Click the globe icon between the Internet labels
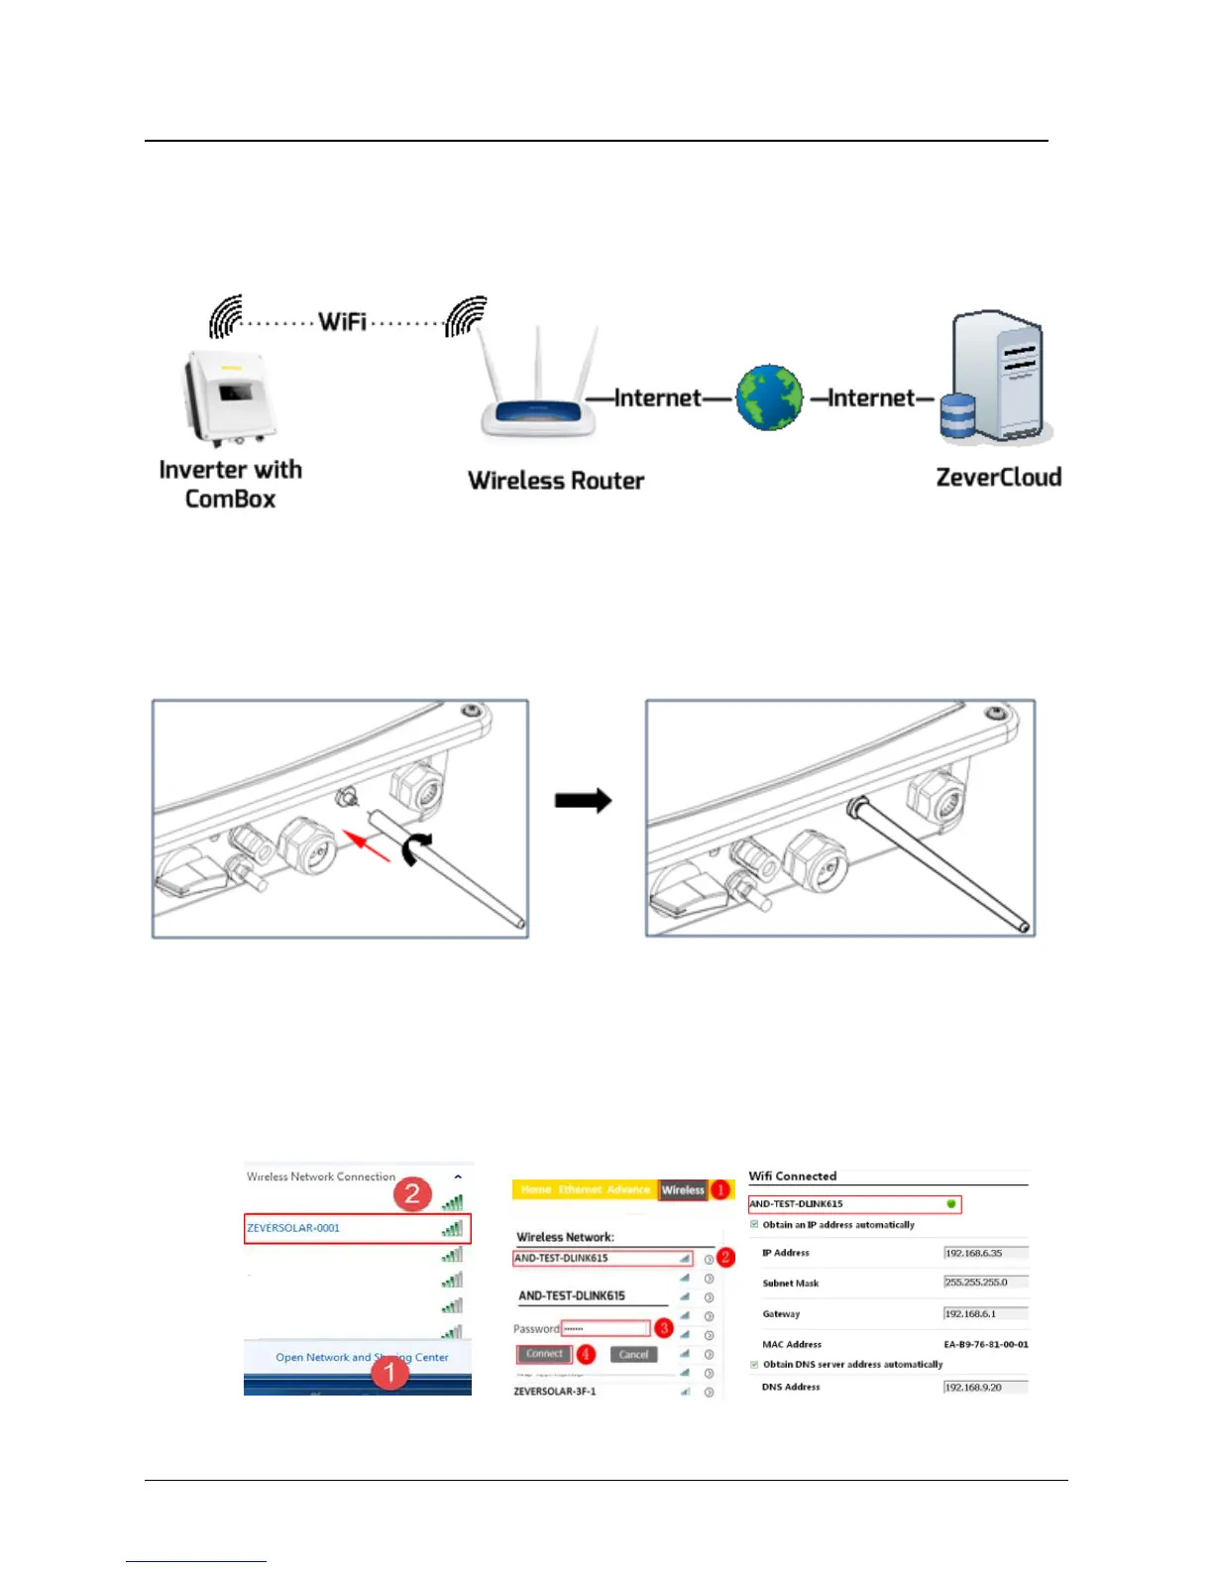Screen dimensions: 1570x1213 pyautogui.click(x=769, y=397)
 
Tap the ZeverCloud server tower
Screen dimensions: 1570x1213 pyautogui.click(x=997, y=377)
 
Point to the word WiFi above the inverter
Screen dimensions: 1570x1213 pyautogui.click(x=342, y=321)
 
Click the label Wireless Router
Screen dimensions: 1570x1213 pyautogui.click(x=556, y=481)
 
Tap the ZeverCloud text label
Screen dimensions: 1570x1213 pyautogui.click(x=998, y=478)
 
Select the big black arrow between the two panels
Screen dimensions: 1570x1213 pyautogui.click(x=583, y=801)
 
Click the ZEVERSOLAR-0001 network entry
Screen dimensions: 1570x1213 pyautogui.click(x=294, y=1228)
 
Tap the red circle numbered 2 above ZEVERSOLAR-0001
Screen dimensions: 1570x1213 pyautogui.click(x=412, y=1194)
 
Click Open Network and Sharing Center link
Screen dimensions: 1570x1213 pyautogui.click(x=362, y=1358)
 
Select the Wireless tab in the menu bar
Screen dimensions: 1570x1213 pyautogui.click(x=683, y=1190)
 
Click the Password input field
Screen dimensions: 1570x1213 pyautogui.click(x=606, y=1329)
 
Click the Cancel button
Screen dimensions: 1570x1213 pyautogui.click(x=633, y=1355)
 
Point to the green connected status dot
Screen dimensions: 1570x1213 pyautogui.click(x=951, y=1204)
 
